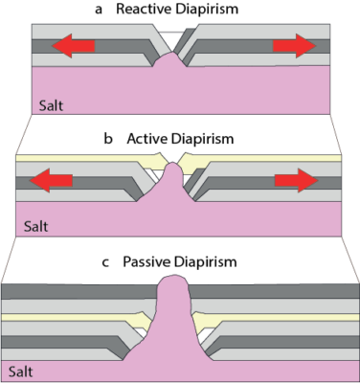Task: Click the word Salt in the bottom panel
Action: click(x=19, y=370)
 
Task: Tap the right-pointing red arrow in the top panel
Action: click(x=293, y=45)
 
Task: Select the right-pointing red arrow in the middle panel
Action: click(x=297, y=178)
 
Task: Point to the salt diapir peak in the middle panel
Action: click(x=172, y=173)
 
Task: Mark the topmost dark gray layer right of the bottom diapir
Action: click(x=278, y=293)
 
